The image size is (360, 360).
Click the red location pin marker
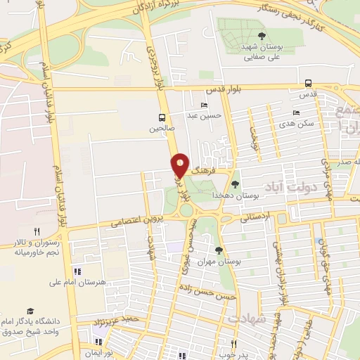pyautogui.click(x=180, y=165)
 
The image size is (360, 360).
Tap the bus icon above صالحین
pyautogui.click(x=162, y=117)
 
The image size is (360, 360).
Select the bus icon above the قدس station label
pyautogui.click(x=307, y=84)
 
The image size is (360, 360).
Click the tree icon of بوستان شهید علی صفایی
pyautogui.click(x=262, y=35)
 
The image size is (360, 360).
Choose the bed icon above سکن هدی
pyautogui.click(x=296, y=112)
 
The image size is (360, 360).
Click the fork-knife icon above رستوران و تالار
pyautogui.click(x=37, y=230)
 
